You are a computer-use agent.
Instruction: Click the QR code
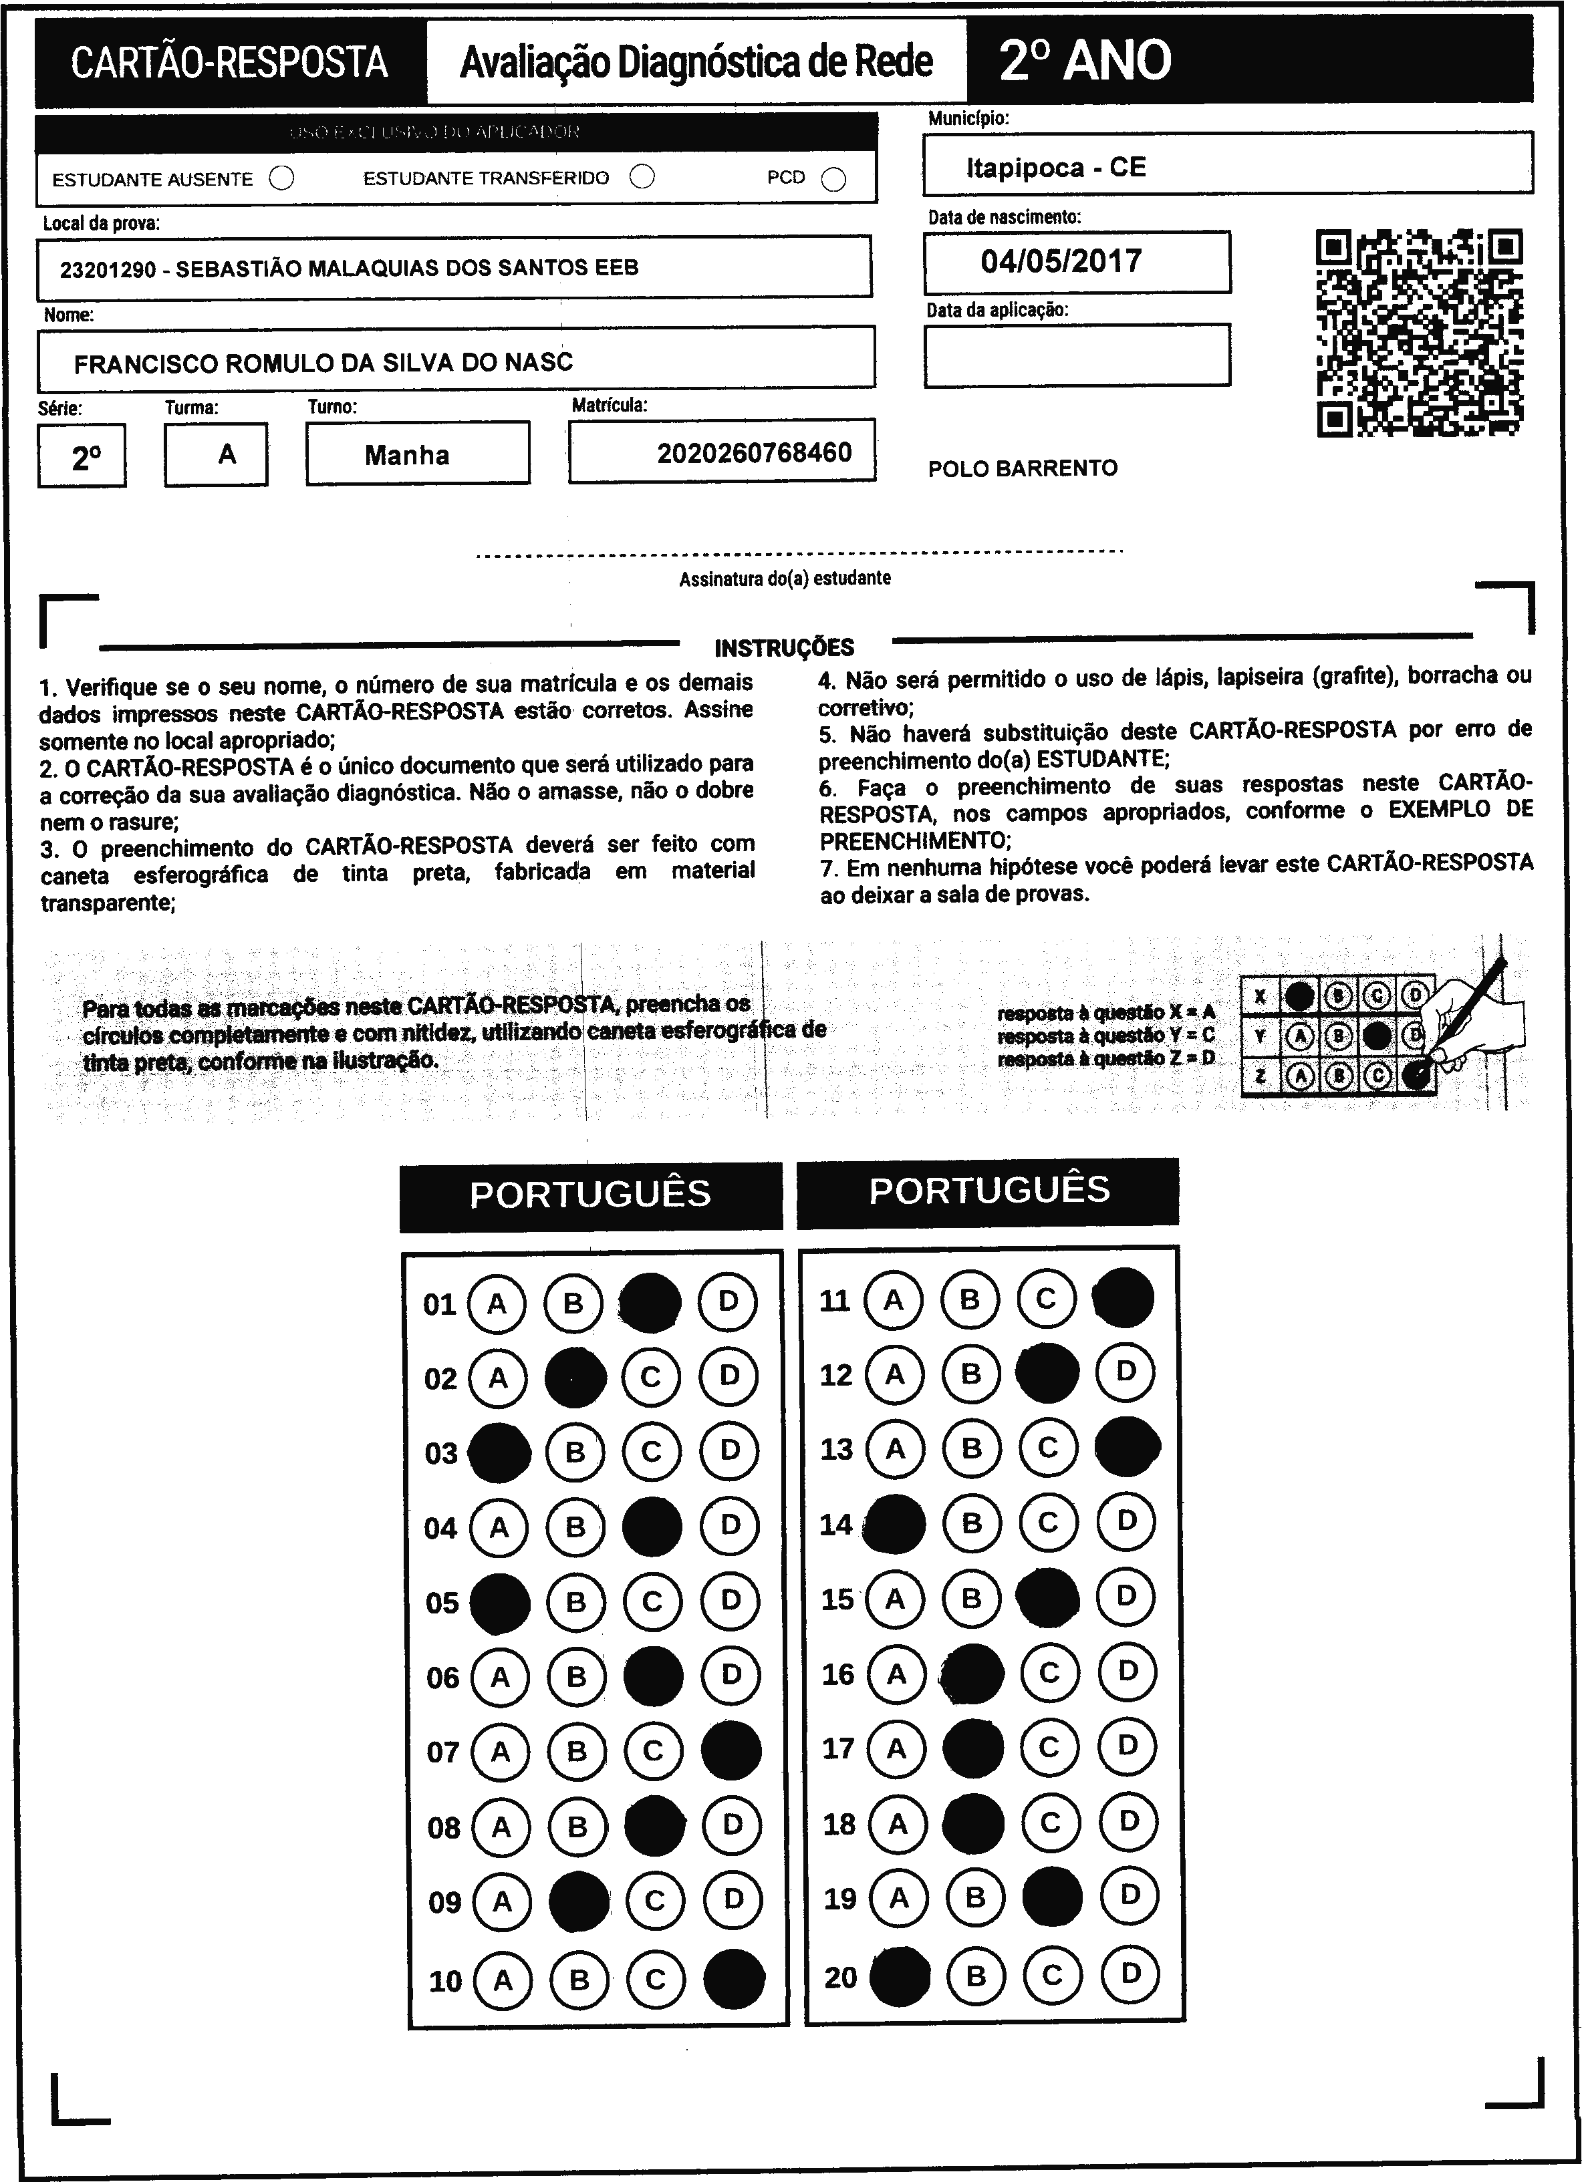pos(1420,332)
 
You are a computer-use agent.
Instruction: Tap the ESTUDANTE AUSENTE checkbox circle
pos(282,179)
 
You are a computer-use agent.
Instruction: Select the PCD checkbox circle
pos(834,180)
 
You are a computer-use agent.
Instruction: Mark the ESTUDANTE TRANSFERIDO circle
pos(642,177)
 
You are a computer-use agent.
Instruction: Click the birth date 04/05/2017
pos(1061,261)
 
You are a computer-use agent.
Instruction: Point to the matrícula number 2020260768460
pos(755,452)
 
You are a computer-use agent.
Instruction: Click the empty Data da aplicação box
pos(1077,355)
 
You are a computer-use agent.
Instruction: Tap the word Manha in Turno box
pos(407,455)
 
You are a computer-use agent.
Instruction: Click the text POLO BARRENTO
pos(1023,468)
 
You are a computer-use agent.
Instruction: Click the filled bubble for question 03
pos(499,1452)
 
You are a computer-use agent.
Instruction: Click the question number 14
pos(836,1525)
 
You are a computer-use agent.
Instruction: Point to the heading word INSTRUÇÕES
pos(784,647)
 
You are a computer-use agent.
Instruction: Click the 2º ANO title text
pos(1085,61)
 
